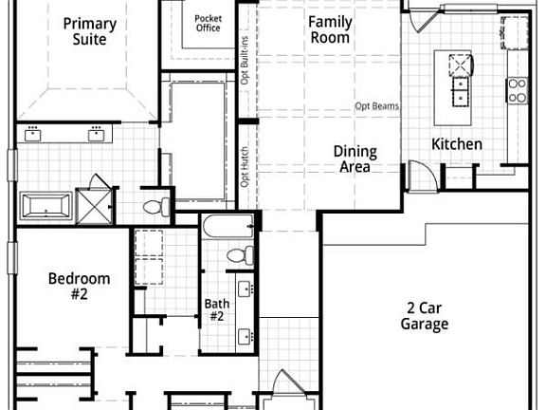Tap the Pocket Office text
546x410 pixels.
208,23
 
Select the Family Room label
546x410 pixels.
330,29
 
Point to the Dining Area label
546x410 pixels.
355,158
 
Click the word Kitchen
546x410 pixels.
457,144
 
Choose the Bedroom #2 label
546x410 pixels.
80,286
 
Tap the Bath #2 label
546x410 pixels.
216,310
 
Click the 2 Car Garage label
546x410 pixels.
424,315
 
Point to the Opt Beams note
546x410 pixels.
376,106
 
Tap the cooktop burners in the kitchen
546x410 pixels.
517,89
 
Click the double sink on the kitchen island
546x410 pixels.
459,88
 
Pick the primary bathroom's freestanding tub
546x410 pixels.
45,205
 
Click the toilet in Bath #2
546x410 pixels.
245,254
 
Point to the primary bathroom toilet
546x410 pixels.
155,205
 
